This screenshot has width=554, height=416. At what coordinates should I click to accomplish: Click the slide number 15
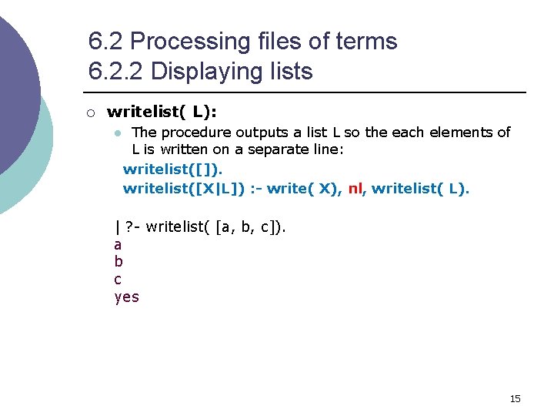click(515, 398)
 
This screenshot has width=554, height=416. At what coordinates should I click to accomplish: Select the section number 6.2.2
click(116, 72)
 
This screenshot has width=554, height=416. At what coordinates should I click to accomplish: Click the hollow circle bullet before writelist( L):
click(90, 113)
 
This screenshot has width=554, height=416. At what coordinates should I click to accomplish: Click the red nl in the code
click(355, 189)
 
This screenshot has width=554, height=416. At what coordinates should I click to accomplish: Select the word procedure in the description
click(195, 133)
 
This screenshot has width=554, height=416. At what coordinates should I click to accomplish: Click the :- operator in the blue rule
click(255, 189)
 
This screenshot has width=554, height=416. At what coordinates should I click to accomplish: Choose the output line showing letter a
click(118, 245)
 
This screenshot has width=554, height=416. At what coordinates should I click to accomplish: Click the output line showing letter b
click(118, 262)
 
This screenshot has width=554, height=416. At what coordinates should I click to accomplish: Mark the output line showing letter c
click(118, 280)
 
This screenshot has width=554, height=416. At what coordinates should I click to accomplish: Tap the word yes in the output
click(126, 297)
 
